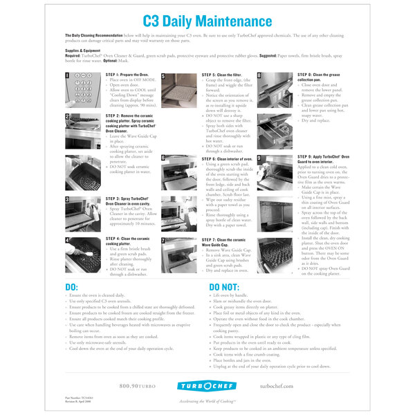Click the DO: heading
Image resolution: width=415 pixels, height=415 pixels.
[x=72, y=286]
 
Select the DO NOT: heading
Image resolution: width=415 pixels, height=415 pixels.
[x=224, y=286]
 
